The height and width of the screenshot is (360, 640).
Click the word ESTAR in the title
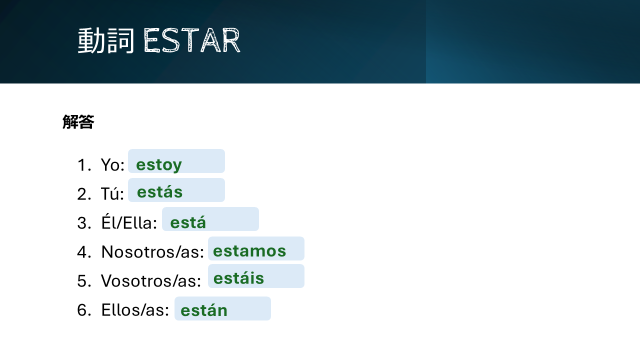(x=192, y=40)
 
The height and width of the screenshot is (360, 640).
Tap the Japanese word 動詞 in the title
(x=105, y=40)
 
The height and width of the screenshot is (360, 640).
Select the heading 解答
(x=78, y=121)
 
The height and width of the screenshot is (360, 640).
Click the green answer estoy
(x=159, y=165)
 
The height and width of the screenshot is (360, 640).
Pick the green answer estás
(x=159, y=191)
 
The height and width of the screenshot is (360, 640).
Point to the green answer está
(x=188, y=221)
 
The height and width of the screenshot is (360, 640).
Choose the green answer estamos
(x=249, y=251)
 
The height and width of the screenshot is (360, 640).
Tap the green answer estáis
(x=238, y=277)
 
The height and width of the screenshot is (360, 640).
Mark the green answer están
(x=204, y=309)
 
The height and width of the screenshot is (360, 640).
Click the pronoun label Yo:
(x=112, y=165)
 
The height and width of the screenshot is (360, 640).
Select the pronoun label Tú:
(x=112, y=193)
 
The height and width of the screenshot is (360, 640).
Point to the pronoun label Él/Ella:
(x=129, y=221)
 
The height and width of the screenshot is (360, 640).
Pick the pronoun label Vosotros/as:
(x=151, y=281)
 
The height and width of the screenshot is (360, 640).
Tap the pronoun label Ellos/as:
(x=135, y=310)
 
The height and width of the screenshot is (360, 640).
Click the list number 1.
(x=84, y=165)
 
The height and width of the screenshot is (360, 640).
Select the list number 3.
(x=84, y=223)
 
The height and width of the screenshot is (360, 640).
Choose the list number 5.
(x=84, y=281)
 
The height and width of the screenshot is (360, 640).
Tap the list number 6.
(x=84, y=310)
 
